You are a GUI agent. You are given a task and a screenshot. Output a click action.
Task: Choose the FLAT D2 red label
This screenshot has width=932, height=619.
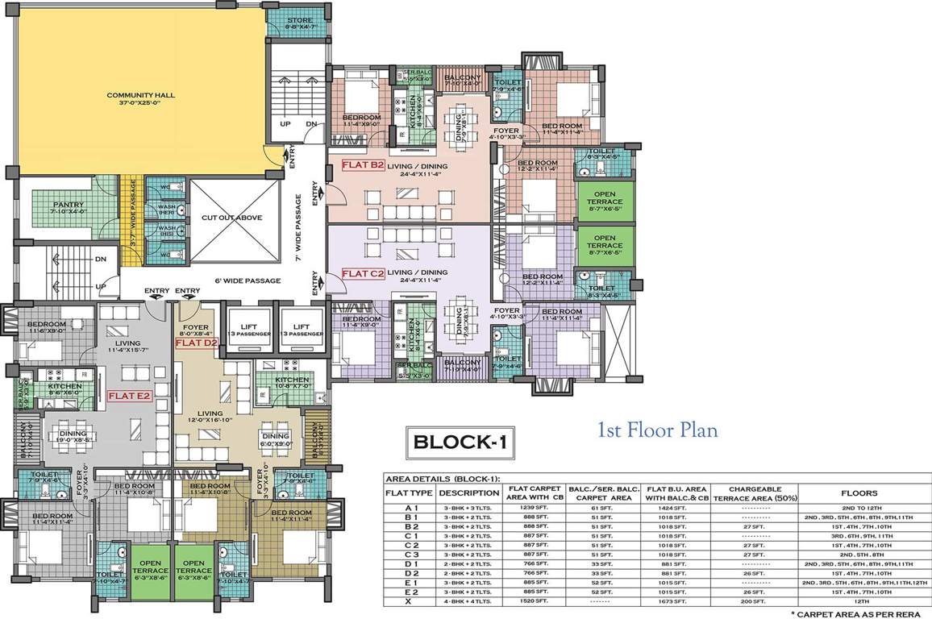tap(192, 343)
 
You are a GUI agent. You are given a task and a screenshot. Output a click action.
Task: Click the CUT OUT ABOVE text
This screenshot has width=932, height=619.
tap(231, 218)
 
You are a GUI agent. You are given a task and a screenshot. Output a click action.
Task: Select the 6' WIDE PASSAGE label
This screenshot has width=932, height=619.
tap(248, 280)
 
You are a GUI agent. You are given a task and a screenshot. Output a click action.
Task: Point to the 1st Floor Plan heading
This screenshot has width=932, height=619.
tap(656, 430)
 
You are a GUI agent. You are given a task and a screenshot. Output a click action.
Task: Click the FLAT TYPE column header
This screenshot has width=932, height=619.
tap(410, 493)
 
